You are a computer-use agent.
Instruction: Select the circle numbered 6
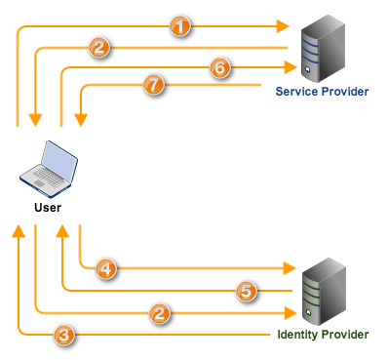click(218, 67)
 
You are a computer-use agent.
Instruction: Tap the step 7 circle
click(152, 86)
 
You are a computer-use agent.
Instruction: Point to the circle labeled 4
click(107, 265)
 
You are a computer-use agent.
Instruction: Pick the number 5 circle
click(246, 290)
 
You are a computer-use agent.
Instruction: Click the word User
click(48, 208)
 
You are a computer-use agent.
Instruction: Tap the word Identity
click(297, 335)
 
